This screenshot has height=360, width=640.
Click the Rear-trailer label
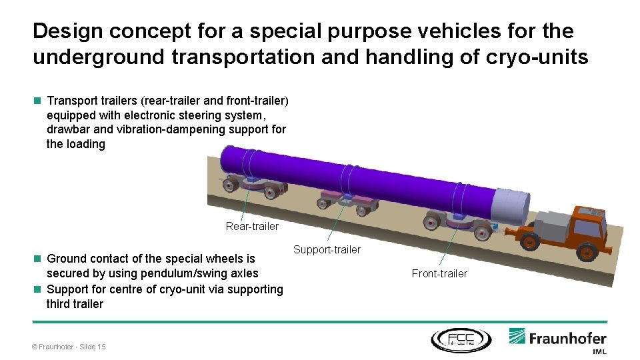[252, 227]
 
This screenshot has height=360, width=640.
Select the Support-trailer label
[327, 250]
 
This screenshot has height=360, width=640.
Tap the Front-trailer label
[439, 273]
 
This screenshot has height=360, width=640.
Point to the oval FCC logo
[461, 339]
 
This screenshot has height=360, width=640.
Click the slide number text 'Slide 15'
[93, 347]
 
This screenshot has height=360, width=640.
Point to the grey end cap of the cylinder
[512, 206]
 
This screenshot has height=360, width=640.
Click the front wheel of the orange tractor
[587, 252]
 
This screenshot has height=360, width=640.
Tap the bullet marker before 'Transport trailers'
[37, 101]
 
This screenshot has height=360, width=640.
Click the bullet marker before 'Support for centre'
[37, 289]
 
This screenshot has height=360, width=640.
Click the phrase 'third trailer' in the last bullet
[75, 304]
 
